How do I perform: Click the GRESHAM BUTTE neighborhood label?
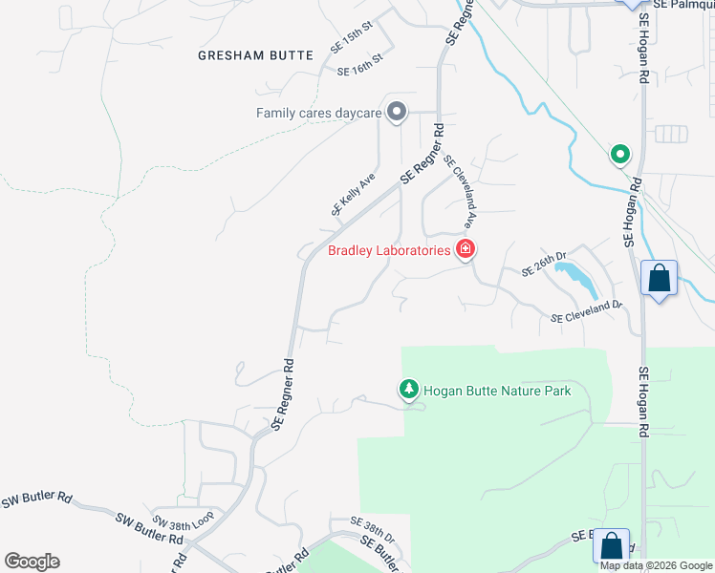tap(255, 55)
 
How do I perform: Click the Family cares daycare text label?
tap(318, 113)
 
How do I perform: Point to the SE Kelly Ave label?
tap(353, 195)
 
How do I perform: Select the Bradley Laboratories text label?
tap(389, 251)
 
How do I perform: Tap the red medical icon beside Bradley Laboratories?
tap(466, 250)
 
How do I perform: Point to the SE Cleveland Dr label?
tap(586, 311)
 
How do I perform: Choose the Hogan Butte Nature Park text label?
tap(496, 391)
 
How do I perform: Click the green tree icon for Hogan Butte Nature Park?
tap(408, 390)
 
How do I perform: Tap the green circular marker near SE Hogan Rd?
tap(620, 153)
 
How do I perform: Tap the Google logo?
tap(32, 562)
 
